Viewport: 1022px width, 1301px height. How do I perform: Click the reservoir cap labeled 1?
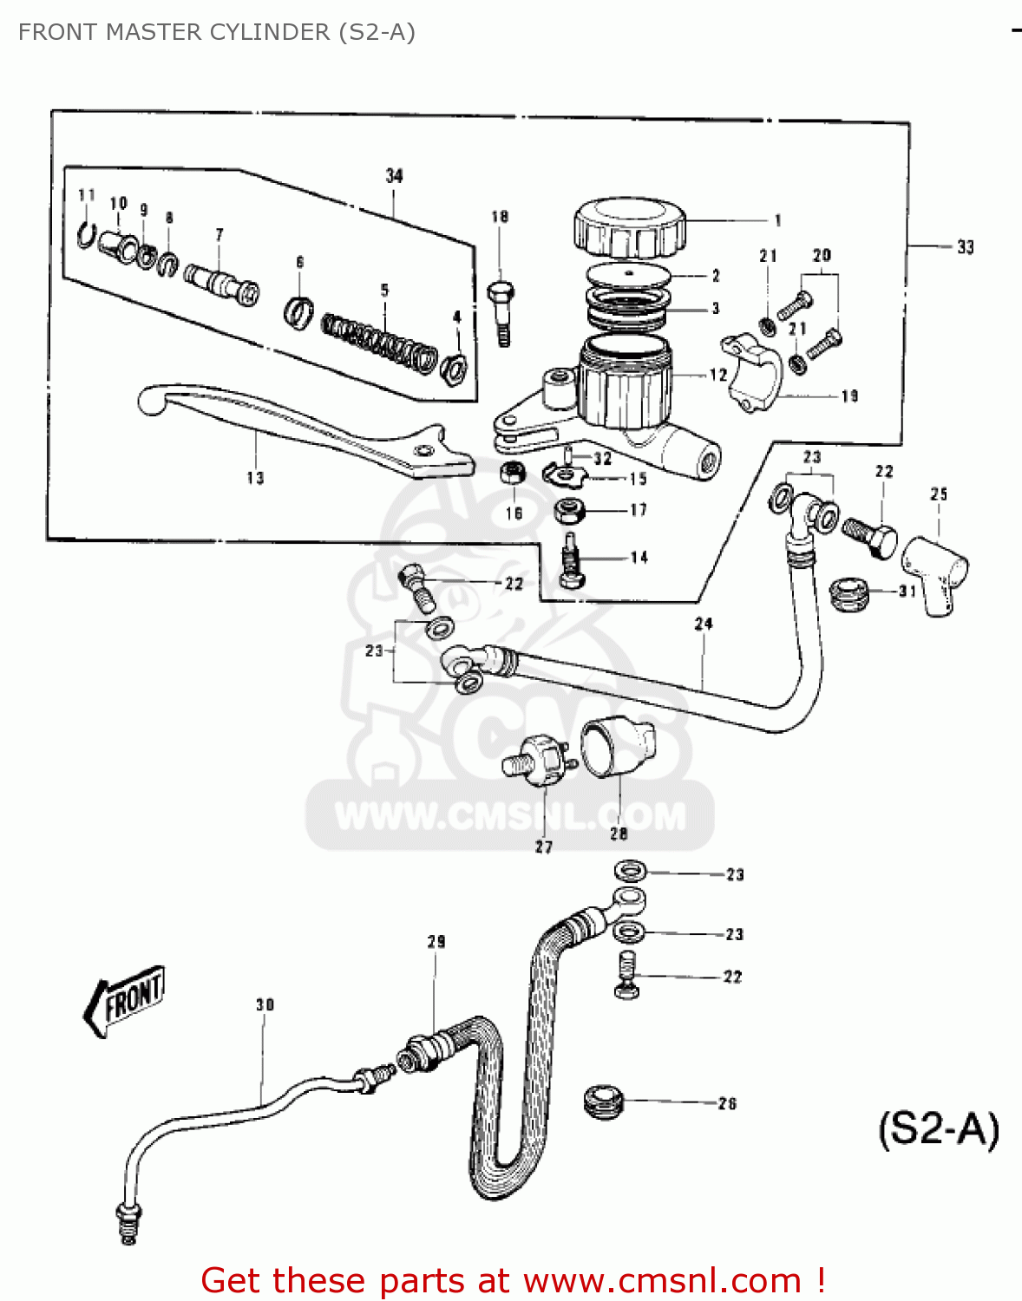(629, 227)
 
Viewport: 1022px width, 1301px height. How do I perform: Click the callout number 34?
(394, 176)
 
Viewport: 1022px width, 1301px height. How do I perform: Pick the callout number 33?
(965, 247)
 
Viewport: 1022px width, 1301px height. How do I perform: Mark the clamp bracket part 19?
(750, 373)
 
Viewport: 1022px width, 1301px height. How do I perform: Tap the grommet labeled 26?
(605, 1102)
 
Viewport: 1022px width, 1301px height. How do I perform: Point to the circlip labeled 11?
(85, 234)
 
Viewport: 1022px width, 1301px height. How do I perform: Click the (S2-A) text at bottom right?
(939, 1129)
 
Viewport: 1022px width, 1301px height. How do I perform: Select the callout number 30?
(265, 1004)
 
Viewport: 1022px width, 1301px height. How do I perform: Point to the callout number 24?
(704, 624)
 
